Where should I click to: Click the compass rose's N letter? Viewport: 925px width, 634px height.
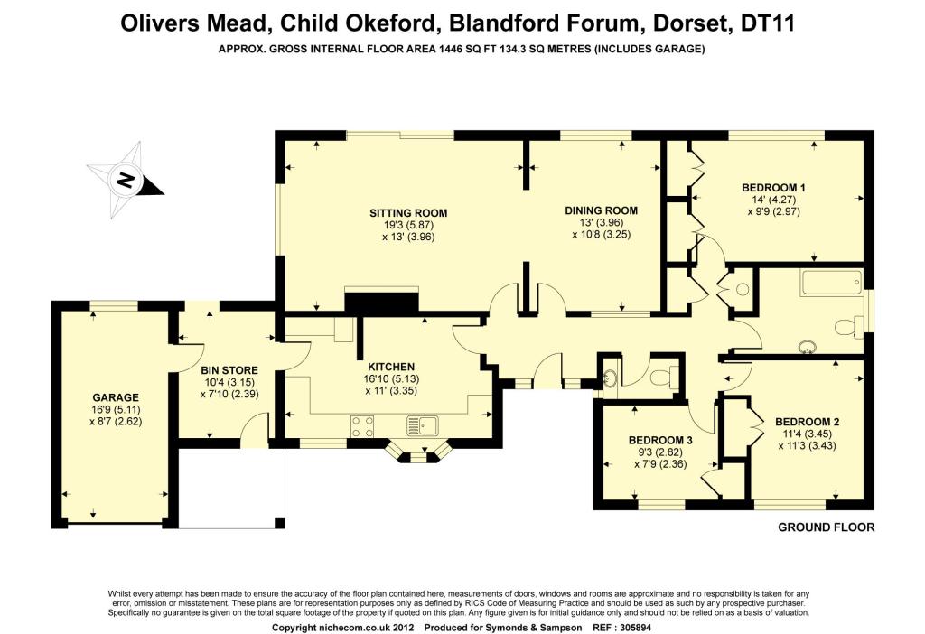(125, 180)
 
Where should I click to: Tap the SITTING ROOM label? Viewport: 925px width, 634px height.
(408, 213)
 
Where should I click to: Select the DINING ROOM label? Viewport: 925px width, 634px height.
(601, 210)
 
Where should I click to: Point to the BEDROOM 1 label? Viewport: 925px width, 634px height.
(773, 188)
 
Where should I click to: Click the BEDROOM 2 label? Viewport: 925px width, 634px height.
(807, 422)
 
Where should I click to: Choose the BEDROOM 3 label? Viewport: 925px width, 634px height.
(660, 440)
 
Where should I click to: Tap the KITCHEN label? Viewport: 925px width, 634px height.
(391, 367)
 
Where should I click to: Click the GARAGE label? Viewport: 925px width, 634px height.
(116, 397)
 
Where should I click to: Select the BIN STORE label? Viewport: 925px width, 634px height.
(229, 370)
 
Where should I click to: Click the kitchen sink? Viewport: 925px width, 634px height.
(422, 425)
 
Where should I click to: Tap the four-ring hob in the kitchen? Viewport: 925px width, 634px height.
(361, 425)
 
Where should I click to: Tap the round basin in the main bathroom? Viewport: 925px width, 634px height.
(806, 347)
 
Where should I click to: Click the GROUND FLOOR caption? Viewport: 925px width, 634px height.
(826, 527)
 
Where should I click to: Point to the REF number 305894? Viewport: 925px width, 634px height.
(631, 628)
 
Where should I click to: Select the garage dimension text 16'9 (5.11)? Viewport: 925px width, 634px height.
(116, 409)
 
